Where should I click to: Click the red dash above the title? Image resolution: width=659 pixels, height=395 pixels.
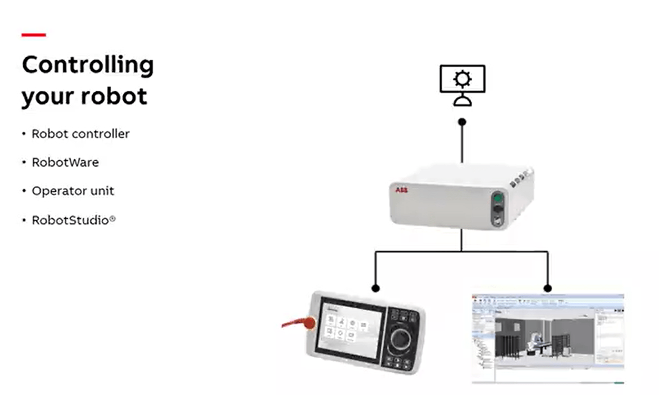(x=34, y=35)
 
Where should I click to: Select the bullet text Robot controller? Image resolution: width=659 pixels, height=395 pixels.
(x=80, y=134)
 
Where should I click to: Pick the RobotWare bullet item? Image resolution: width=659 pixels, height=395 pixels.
(x=65, y=162)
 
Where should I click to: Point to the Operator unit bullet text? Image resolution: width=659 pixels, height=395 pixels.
(x=73, y=191)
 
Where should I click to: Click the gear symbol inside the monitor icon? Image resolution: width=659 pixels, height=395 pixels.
(x=462, y=79)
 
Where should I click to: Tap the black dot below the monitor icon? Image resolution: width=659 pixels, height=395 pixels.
(x=462, y=122)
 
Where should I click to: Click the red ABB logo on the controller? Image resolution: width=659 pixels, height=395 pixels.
(x=401, y=190)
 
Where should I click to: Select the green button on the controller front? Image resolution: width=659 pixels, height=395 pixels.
(x=498, y=198)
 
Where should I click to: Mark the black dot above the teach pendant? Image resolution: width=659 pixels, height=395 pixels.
(x=376, y=288)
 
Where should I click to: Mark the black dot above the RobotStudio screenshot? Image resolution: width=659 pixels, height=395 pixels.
(x=548, y=288)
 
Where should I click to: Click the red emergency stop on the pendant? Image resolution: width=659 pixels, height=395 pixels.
(x=309, y=323)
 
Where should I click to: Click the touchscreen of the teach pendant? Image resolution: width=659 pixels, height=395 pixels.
(x=350, y=328)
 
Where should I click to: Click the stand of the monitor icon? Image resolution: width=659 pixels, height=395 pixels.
(x=462, y=99)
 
